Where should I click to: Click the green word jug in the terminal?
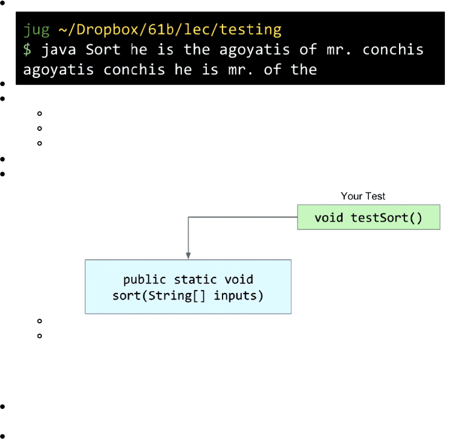click(36, 30)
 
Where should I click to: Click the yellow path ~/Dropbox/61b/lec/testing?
click(170, 30)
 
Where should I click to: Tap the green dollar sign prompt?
click(27, 50)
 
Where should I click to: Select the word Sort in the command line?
click(103, 50)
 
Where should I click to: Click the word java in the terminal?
click(58, 50)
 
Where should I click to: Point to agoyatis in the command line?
click(255, 50)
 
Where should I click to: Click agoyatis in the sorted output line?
click(58, 70)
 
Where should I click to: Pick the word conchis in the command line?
click(393, 50)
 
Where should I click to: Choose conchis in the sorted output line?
click(134, 70)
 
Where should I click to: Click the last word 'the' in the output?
click(304, 69)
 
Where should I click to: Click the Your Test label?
click(363, 196)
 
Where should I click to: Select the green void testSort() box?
click(369, 217)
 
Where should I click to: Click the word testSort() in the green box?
click(386, 218)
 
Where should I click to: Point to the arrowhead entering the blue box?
click(189, 256)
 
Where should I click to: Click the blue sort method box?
click(188, 287)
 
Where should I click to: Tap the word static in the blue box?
click(195, 280)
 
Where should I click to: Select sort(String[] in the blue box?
click(159, 295)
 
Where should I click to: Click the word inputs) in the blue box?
click(238, 295)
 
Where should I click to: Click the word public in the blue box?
click(144, 280)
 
